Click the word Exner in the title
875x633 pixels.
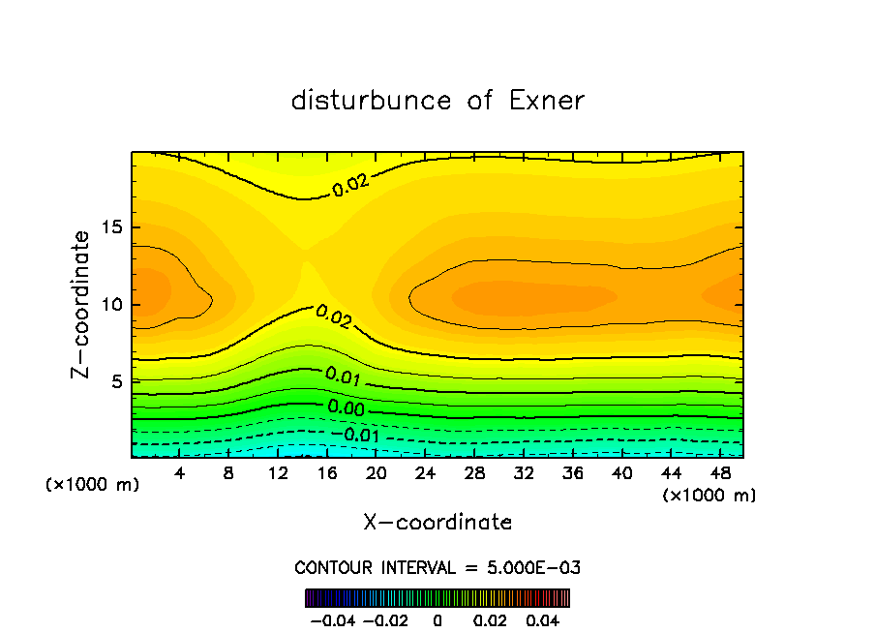click(547, 101)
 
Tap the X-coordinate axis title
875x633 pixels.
click(437, 522)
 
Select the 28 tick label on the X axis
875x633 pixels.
click(474, 473)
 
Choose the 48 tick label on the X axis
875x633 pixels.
click(719, 473)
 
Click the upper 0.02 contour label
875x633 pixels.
click(351, 186)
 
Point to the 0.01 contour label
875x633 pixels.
click(343, 376)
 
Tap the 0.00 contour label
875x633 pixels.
click(346, 408)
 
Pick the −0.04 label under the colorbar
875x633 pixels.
click(334, 619)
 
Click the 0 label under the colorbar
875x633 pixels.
click(437, 619)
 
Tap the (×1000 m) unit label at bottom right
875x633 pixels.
click(709, 496)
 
